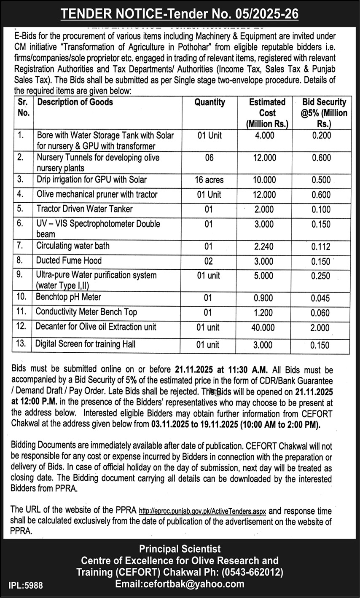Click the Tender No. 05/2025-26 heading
pyautogui.click(x=180, y=14)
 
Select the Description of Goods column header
pyautogui.click(x=75, y=102)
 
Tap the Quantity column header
pyautogui.click(x=210, y=102)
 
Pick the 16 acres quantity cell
pyautogui.click(x=209, y=180)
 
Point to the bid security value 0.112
pyautogui.click(x=321, y=247)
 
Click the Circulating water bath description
pyautogui.click(x=73, y=246)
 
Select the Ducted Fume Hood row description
pyautogui.click(x=69, y=260)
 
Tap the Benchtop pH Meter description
pyautogui.click(x=68, y=297)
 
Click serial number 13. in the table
pyautogui.click(x=22, y=344)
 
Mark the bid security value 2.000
pyautogui.click(x=321, y=327)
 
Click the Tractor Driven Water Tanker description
pyautogui.click(x=84, y=209)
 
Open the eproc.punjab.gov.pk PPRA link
pyautogui.click(x=202, y=512)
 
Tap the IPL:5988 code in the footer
pyautogui.click(x=25, y=585)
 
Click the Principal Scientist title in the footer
pyautogui.click(x=180, y=549)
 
